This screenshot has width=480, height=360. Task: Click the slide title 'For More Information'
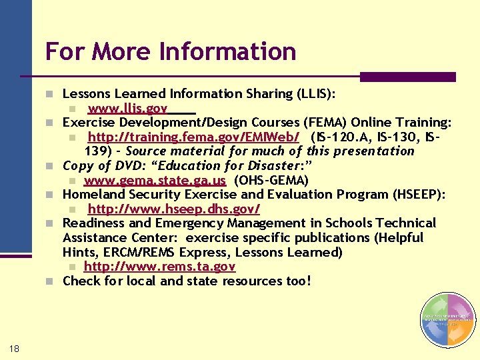[171, 51]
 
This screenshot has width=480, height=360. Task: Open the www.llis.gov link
[127, 109]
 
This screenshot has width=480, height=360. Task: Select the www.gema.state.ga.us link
[155, 180]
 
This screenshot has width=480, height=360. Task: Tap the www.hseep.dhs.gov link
[173, 209]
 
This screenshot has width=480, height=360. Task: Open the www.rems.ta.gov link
[159, 267]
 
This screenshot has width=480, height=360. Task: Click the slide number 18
[15, 347]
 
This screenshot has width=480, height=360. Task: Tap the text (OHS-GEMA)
[266, 180]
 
